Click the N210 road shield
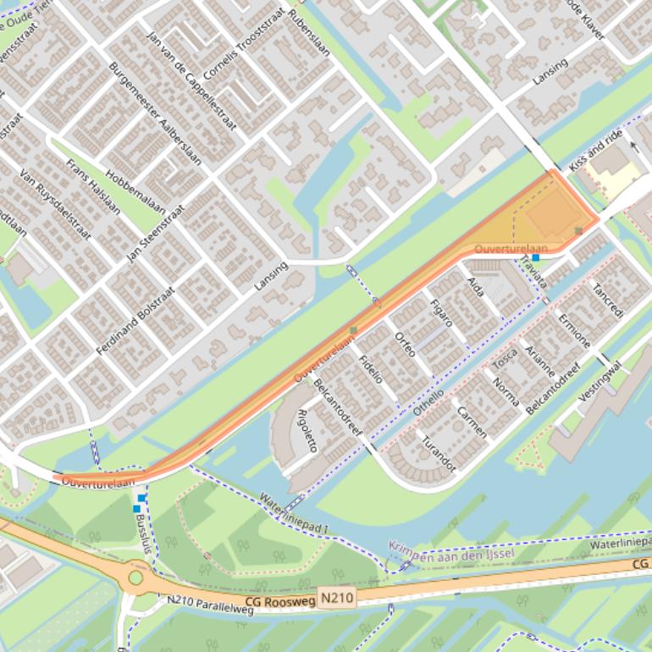(x=337, y=599)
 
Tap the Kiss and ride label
(x=595, y=152)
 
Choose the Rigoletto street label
(x=309, y=431)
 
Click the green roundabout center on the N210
(x=135, y=577)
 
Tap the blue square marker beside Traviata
(x=535, y=257)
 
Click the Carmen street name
(x=472, y=421)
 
